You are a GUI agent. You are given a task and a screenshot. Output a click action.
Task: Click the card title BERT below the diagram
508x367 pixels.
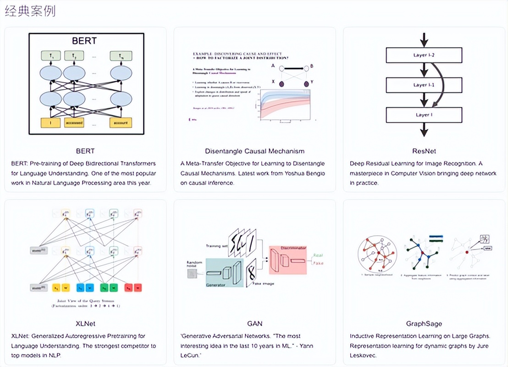[85, 150]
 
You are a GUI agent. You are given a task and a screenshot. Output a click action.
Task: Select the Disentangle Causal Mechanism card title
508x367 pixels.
[254, 150]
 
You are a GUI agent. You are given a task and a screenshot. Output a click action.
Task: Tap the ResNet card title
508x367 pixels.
[424, 150]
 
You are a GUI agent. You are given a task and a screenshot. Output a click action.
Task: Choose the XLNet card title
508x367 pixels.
[85, 323]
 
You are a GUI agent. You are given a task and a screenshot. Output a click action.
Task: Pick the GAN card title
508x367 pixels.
[254, 323]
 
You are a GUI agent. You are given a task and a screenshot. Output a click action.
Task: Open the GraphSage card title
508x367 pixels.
[424, 323]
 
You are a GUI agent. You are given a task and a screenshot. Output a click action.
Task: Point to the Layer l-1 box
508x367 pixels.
[424, 85]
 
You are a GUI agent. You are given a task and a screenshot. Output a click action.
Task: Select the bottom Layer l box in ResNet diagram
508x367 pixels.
[424, 115]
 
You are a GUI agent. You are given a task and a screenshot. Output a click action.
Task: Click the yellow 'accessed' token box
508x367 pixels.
[74, 122]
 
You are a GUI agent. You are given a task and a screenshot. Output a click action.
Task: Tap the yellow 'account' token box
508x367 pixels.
[121, 122]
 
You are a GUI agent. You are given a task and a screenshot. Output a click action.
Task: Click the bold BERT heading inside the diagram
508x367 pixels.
[84, 41]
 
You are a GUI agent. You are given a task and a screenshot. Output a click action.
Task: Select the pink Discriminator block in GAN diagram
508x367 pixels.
[287, 260]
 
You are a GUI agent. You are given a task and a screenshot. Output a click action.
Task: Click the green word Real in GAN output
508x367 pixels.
[317, 255]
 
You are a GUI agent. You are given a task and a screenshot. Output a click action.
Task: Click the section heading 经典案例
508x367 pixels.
[31, 11]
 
